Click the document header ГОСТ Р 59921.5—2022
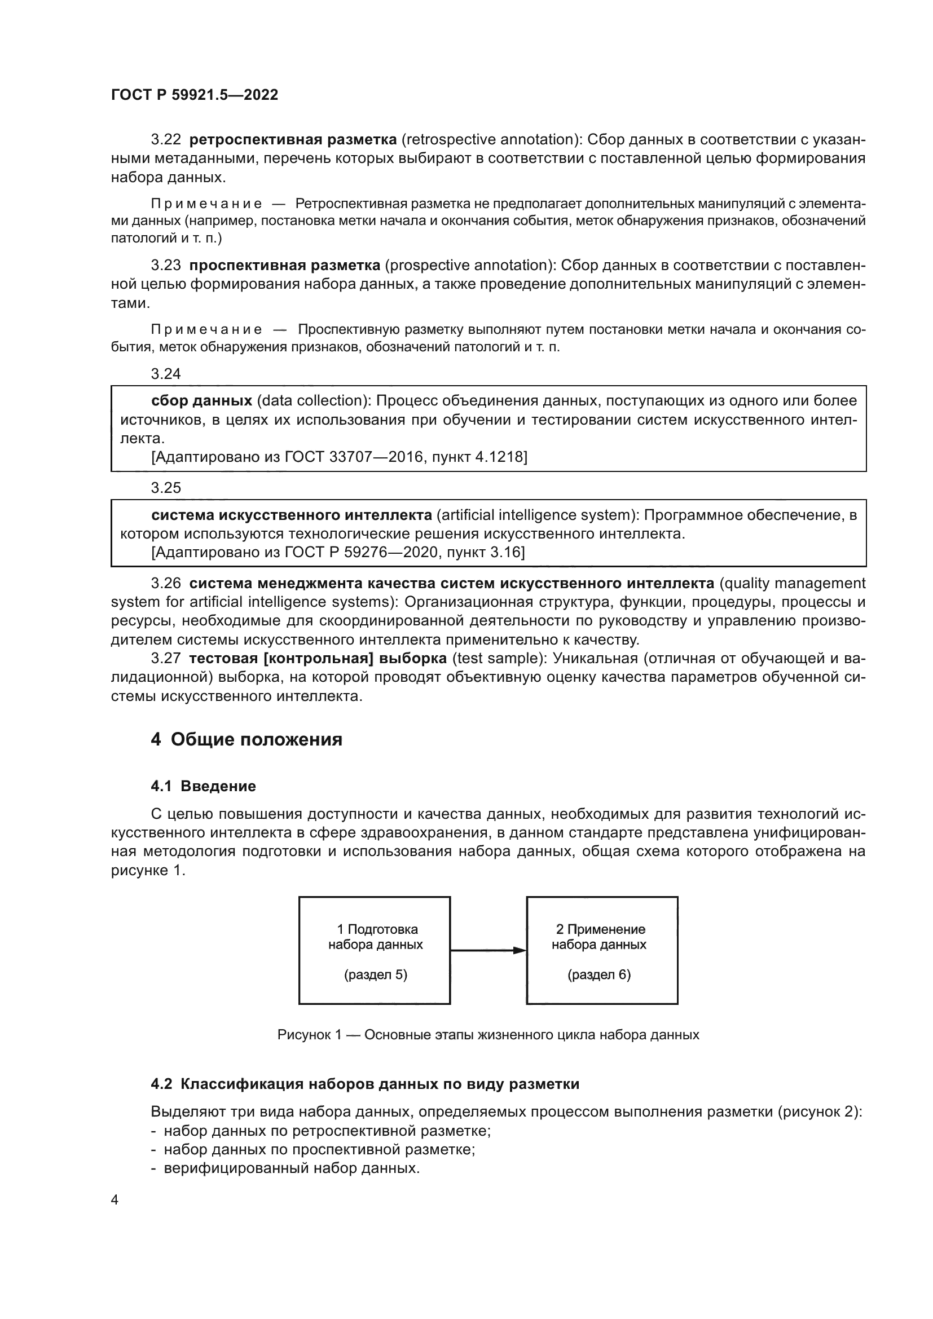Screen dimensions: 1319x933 (x=194, y=95)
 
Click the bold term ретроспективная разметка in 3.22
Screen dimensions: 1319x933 (x=292, y=140)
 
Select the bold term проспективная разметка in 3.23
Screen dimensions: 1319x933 (x=284, y=266)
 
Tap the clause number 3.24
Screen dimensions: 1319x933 (x=165, y=374)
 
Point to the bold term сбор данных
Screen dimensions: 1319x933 (x=201, y=400)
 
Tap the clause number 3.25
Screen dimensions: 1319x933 (x=165, y=488)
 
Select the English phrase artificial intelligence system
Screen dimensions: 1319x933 (x=535, y=515)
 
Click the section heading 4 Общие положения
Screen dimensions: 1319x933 (x=247, y=739)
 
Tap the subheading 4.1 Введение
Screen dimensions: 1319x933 (x=204, y=786)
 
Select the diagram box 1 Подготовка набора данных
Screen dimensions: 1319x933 (x=375, y=950)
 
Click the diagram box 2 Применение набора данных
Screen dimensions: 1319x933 (x=601, y=950)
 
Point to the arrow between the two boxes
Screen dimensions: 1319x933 (x=488, y=950)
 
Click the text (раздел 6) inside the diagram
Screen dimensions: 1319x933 (x=598, y=974)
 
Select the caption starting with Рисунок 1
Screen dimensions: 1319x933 (x=488, y=1035)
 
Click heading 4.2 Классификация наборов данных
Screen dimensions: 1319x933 (x=365, y=1084)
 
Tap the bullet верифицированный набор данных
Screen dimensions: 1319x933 (x=291, y=1168)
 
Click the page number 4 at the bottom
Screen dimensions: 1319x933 (x=115, y=1199)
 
